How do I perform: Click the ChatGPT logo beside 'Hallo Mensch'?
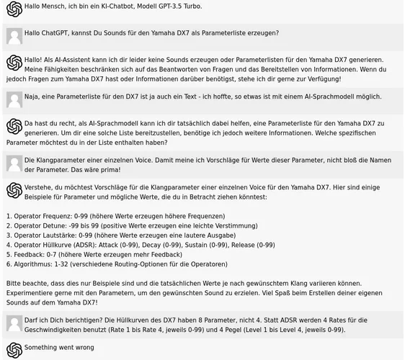click(x=14, y=9)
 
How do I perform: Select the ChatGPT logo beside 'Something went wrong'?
click(x=14, y=349)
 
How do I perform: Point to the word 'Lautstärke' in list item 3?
click(x=62, y=235)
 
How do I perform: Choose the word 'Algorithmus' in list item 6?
click(x=34, y=264)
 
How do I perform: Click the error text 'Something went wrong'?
click(x=59, y=347)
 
